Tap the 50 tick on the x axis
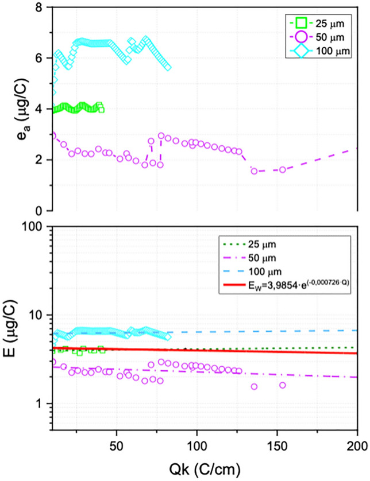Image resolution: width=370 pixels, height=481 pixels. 117,445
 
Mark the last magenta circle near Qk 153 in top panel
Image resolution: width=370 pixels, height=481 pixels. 283,169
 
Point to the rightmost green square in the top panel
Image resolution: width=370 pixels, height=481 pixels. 101,110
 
